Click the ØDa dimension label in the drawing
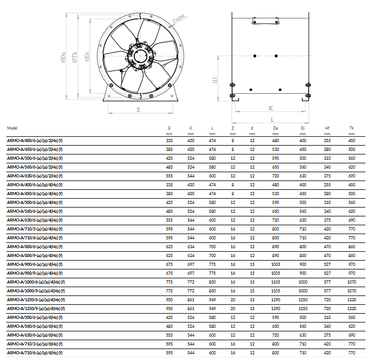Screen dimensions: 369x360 (63, 57)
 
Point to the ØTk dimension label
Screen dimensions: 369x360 (74, 57)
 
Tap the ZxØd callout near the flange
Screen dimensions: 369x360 (179, 19)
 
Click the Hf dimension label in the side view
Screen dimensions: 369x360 (215, 80)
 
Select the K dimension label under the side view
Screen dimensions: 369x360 (271, 108)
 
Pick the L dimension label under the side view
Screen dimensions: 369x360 (272, 120)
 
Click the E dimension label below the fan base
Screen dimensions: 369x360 (138, 110)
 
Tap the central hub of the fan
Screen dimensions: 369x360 (141, 57)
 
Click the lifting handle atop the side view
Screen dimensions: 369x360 (265, 21)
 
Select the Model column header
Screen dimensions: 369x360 (12, 128)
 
